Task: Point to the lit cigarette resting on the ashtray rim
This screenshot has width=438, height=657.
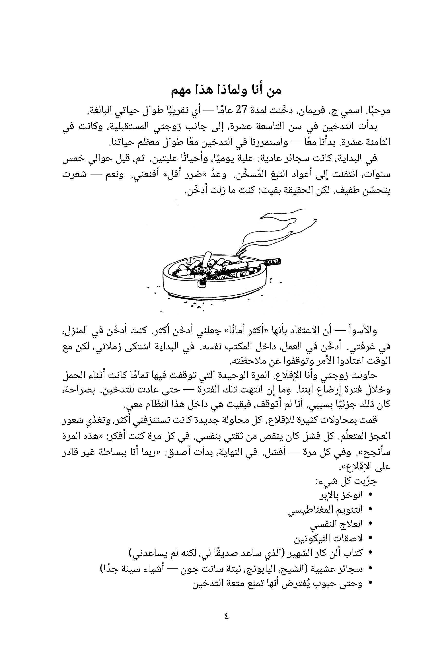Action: (271, 262)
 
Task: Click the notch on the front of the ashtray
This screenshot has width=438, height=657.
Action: (202, 283)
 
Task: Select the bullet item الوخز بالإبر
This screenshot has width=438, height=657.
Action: (341, 495)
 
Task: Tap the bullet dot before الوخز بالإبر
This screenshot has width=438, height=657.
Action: (371, 495)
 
